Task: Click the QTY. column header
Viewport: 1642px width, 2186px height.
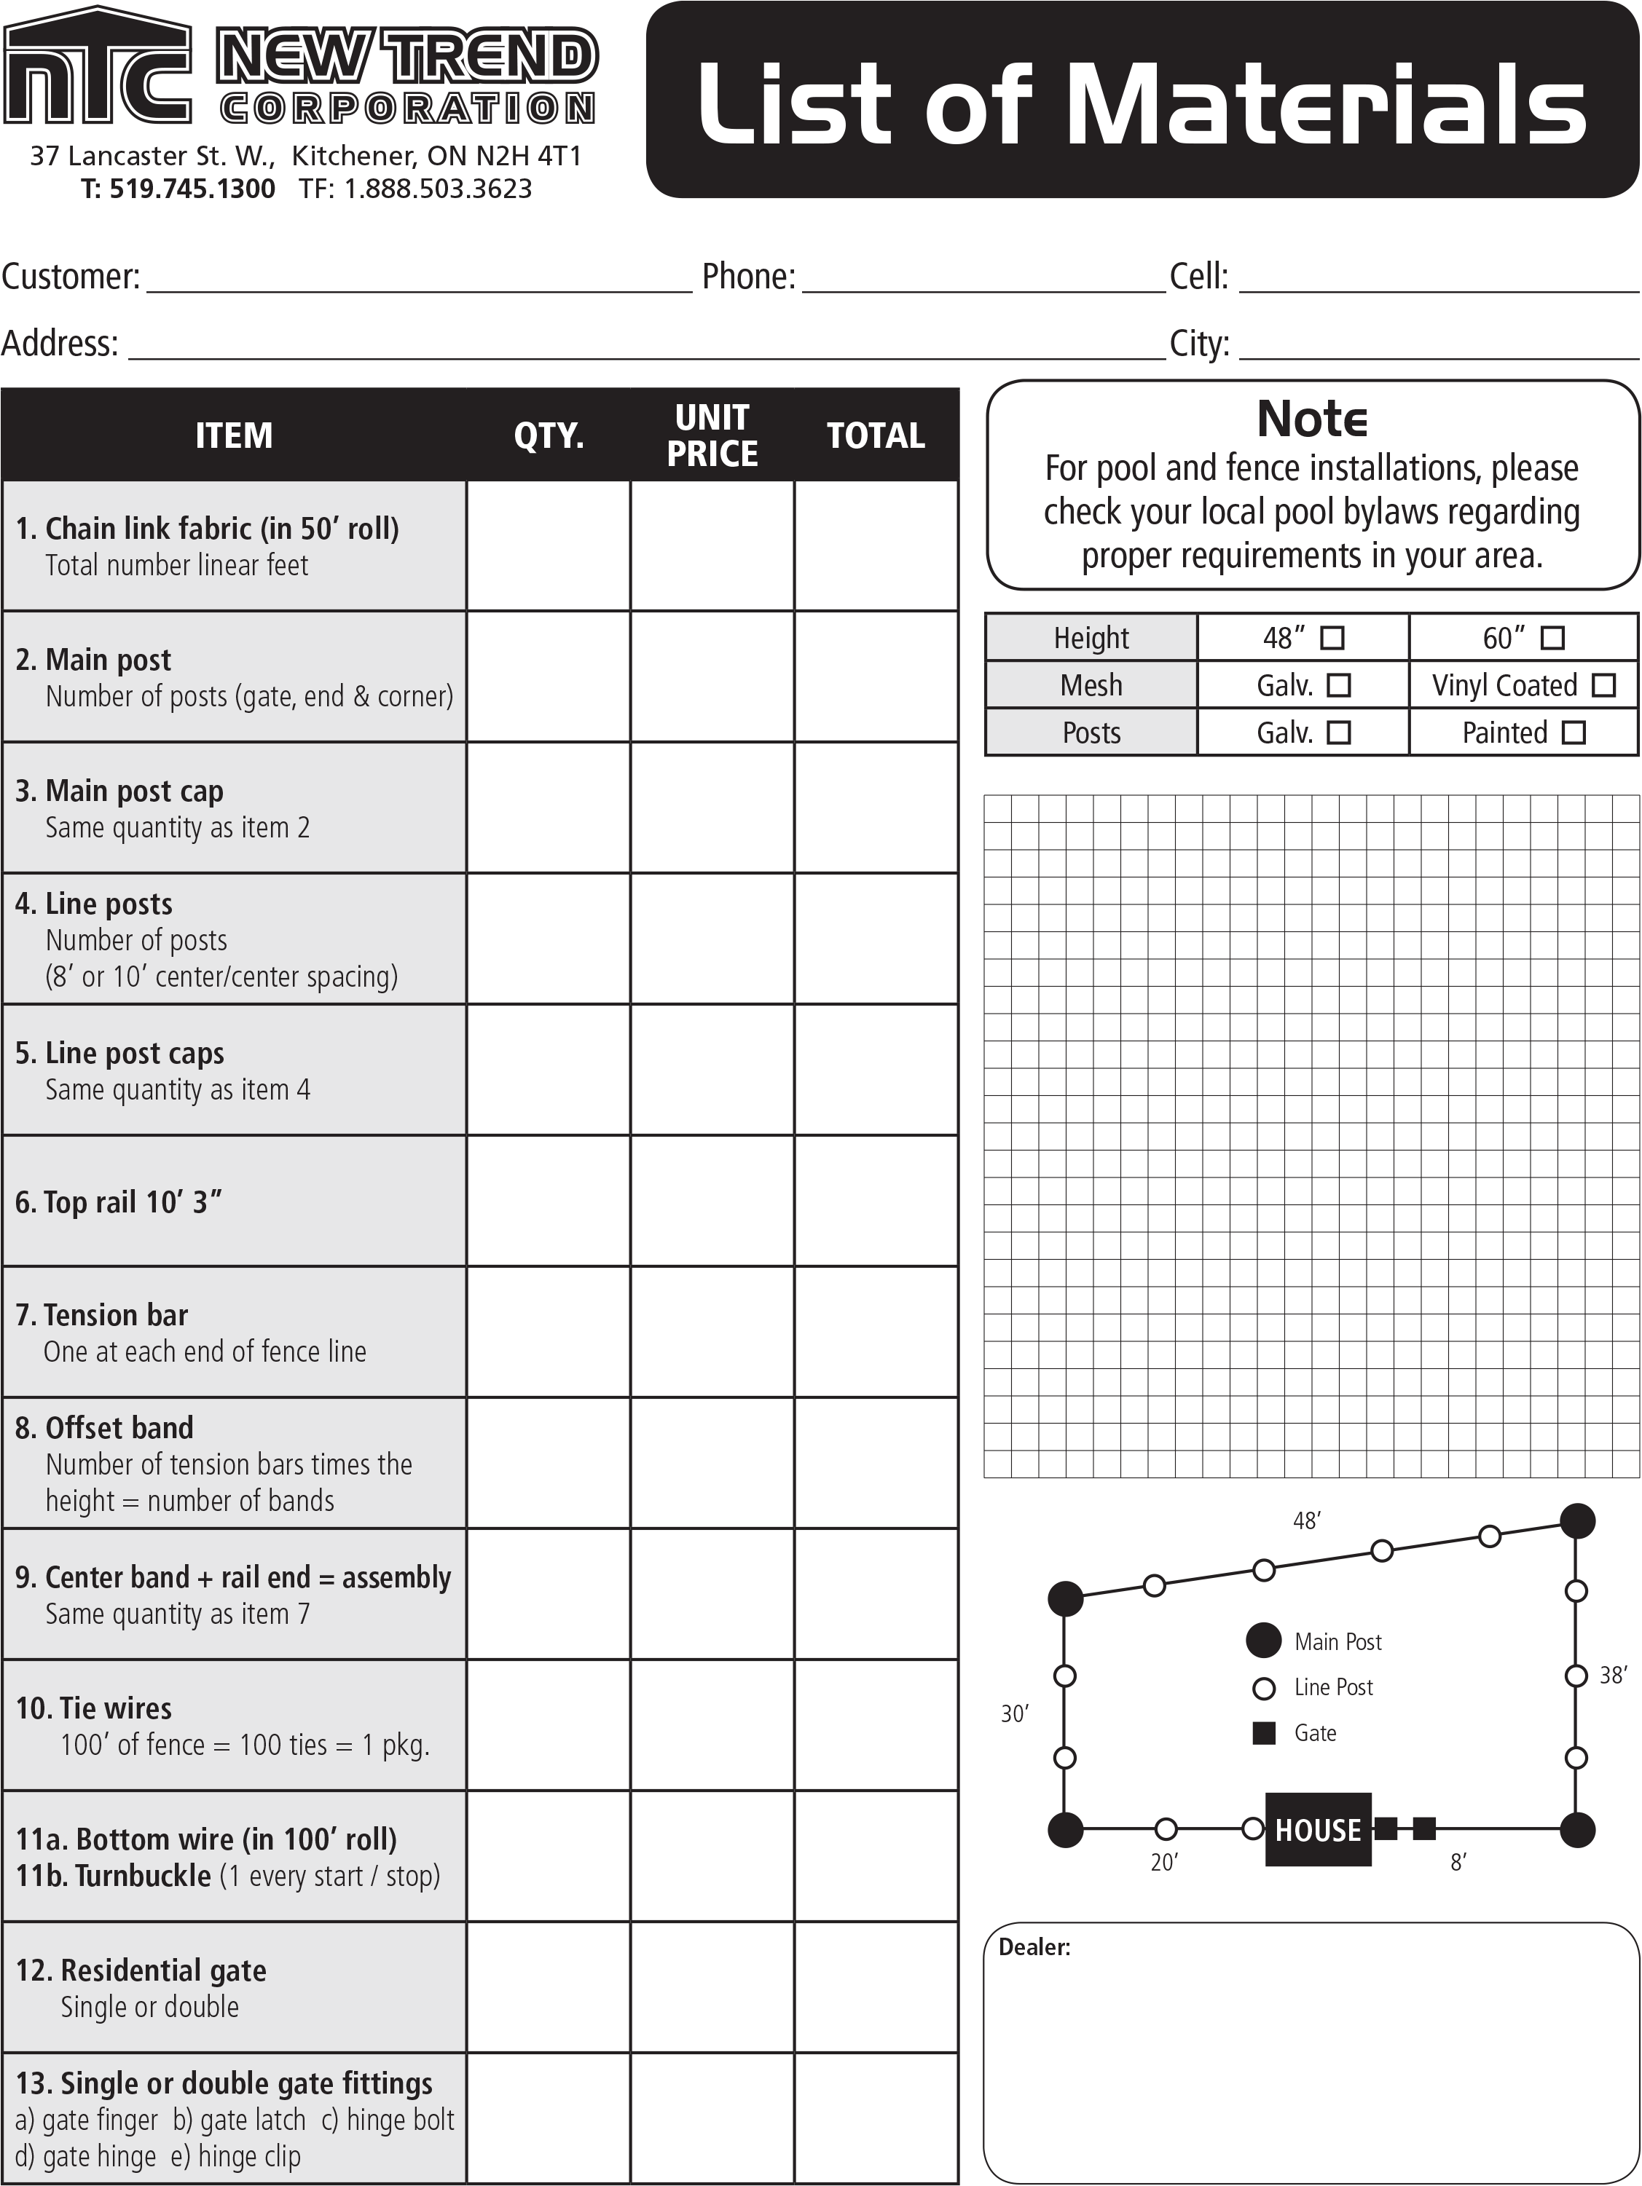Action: tap(549, 435)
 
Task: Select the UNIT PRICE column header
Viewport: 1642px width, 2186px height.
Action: tap(712, 435)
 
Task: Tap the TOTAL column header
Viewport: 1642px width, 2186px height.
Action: tap(875, 435)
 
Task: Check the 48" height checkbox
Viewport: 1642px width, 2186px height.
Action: tap(1332, 637)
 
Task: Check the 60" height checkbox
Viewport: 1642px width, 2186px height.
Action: tap(1553, 637)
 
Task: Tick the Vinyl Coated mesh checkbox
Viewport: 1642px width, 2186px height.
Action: tap(1604, 684)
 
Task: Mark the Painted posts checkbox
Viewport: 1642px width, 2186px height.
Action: tap(1574, 733)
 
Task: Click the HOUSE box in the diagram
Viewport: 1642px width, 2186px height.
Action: tap(1318, 1829)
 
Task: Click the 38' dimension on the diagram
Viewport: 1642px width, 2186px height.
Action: tap(1612, 1675)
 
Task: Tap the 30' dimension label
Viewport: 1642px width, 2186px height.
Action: tap(1014, 1713)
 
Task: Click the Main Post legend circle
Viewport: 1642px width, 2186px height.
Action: tap(1263, 1641)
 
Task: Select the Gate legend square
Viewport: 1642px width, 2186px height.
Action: tap(1263, 1732)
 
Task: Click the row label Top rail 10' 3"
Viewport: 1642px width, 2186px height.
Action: tap(119, 1201)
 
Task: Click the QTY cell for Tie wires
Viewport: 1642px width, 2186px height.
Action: tap(549, 1726)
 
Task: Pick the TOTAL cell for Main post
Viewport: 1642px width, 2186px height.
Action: tap(875, 677)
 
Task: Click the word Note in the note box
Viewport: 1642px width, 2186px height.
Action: tap(1312, 419)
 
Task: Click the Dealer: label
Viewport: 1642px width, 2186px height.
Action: tap(1034, 1947)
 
